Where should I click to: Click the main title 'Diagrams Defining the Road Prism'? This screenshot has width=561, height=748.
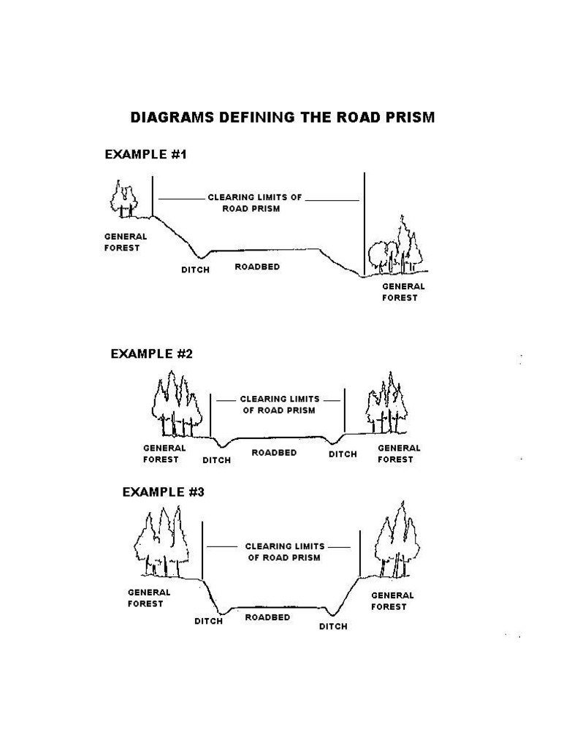point(281,117)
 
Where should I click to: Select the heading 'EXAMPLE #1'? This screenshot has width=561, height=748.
point(147,154)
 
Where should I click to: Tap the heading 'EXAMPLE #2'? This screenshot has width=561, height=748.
point(151,354)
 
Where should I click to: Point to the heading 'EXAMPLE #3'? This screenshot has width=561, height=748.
point(163,492)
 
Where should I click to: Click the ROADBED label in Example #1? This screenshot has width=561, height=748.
point(257,267)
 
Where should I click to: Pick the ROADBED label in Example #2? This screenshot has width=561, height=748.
point(274,453)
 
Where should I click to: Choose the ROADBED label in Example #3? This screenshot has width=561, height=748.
point(267,618)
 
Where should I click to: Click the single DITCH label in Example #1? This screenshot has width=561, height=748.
point(195,270)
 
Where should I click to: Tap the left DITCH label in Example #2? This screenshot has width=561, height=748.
point(216,460)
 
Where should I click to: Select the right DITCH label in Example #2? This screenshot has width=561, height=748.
point(343,454)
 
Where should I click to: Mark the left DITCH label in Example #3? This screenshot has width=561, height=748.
point(208,622)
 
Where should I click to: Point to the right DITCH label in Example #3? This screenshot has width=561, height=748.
point(333,627)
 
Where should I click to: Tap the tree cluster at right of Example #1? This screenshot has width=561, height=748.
point(395,248)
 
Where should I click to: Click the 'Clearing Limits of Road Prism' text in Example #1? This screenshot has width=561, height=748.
point(254,202)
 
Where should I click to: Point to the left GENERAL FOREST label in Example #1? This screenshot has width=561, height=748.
point(126,242)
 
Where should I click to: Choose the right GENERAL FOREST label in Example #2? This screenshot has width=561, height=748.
point(398,454)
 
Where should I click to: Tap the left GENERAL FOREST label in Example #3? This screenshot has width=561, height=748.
point(149,598)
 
